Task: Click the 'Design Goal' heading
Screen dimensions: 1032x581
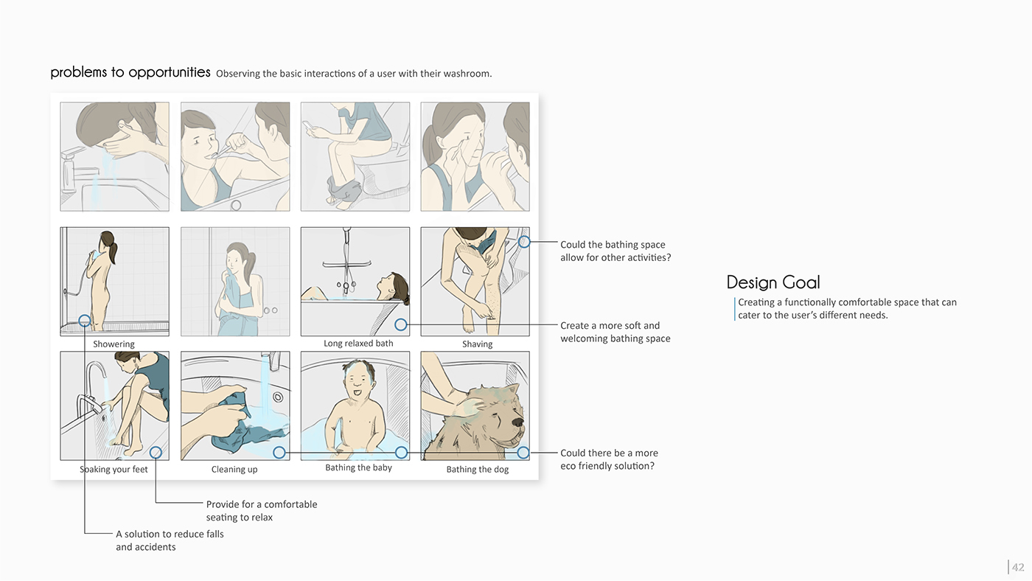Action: coord(773,282)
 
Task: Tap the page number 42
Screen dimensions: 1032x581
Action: coord(1018,567)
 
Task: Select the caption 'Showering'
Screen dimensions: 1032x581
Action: coord(114,344)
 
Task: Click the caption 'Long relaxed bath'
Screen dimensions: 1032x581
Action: coord(358,344)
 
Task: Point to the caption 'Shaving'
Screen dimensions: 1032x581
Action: coord(478,344)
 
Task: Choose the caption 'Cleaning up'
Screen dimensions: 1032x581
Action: coord(234,470)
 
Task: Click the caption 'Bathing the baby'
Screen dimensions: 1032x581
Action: coord(358,467)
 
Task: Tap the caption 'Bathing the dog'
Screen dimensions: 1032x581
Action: coord(478,470)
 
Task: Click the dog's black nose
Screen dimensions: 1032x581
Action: coord(517,422)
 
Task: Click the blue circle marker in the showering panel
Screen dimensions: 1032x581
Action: coord(85,321)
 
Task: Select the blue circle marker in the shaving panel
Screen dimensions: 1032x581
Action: coord(524,242)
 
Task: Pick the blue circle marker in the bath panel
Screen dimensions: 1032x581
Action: coord(401,325)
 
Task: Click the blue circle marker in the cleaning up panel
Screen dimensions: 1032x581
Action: coord(279,453)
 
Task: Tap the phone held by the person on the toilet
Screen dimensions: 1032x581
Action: coord(307,125)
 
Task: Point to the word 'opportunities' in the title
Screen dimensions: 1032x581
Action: coord(169,72)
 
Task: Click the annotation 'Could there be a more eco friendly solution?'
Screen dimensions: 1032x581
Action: coord(609,459)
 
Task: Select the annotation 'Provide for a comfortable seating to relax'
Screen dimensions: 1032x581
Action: coord(262,510)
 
